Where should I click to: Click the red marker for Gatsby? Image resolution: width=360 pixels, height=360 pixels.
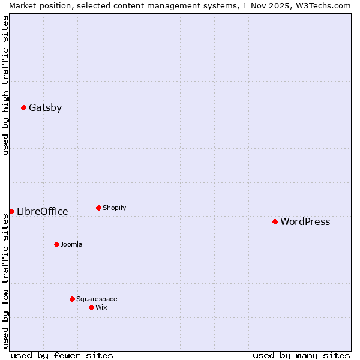pyautogui.click(x=23, y=108)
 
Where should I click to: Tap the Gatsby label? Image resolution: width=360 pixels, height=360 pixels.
pyautogui.click(x=45, y=108)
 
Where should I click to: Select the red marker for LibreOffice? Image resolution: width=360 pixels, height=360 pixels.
pyautogui.click(x=11, y=211)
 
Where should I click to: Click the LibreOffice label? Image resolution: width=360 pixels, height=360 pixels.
pyautogui.click(x=42, y=211)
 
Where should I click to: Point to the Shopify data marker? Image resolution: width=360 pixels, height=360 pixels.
pyautogui.click(x=98, y=208)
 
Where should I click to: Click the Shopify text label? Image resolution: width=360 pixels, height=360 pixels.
pyautogui.click(x=114, y=208)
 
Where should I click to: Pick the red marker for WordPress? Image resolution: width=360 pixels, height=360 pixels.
pyautogui.click(x=275, y=221)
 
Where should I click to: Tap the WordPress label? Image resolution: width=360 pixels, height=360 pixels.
pyautogui.click(x=305, y=222)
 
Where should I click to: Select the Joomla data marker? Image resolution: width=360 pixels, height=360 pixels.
pyautogui.click(x=56, y=244)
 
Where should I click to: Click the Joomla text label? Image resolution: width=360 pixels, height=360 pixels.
pyautogui.click(x=71, y=244)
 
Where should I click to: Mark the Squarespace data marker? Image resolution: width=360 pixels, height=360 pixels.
pyautogui.click(x=72, y=299)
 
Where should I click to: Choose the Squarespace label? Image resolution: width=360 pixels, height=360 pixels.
pyautogui.click(x=97, y=299)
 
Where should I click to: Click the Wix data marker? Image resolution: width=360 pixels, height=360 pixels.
pyautogui.click(x=91, y=307)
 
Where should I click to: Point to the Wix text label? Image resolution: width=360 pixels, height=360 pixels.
pyautogui.click(x=101, y=307)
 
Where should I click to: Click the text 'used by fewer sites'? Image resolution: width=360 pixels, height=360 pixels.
pyautogui.click(x=62, y=355)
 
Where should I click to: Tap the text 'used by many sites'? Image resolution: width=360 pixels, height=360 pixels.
pyautogui.click(x=301, y=355)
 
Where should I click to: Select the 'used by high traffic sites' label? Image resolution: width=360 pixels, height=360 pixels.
pyautogui.click(x=5, y=85)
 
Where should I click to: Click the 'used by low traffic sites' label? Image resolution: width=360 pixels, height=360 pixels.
pyautogui.click(x=5, y=281)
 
